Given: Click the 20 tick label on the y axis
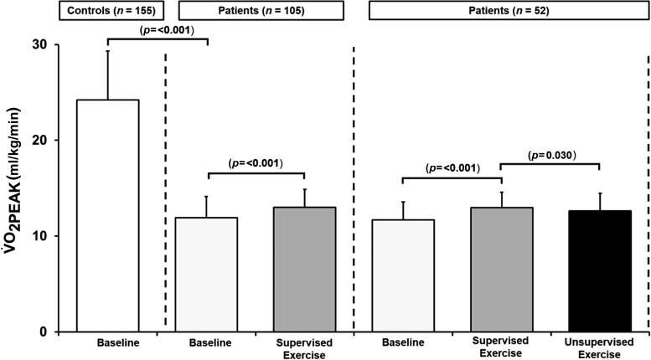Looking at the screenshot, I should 39,141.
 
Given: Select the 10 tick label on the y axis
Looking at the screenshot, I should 39,236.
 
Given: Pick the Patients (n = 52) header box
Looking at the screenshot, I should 500,11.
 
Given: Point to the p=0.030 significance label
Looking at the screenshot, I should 550,155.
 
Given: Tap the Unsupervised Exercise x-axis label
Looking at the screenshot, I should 599,348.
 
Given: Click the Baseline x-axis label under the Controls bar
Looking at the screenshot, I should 108,343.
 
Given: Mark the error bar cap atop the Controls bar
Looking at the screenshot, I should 108,51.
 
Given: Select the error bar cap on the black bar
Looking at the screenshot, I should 599,193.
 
